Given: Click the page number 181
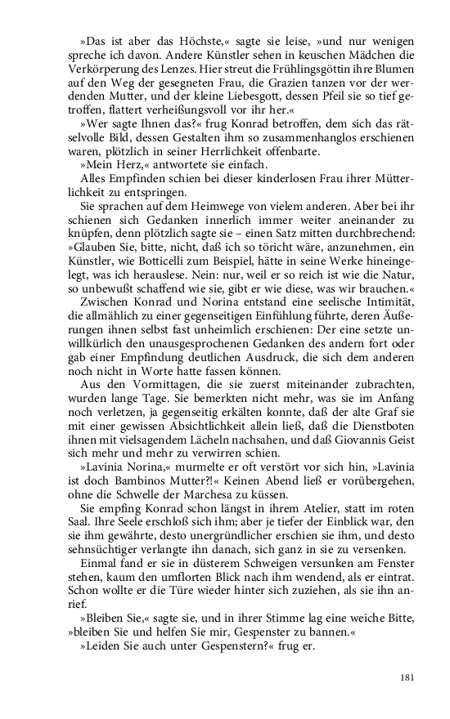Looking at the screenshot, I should (410, 677).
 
